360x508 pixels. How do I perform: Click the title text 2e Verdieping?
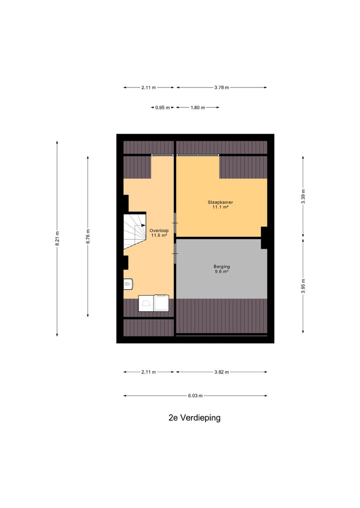(194, 418)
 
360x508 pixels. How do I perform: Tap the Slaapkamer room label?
(220, 202)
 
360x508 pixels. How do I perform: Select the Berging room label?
(221, 266)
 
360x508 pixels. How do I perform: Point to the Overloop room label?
(159, 230)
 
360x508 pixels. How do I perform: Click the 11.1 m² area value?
(220, 207)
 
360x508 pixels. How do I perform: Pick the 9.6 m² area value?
(221, 272)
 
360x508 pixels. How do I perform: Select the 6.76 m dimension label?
(88, 236)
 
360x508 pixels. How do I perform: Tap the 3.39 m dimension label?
(303, 196)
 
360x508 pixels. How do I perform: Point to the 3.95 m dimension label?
(303, 285)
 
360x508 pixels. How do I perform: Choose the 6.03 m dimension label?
(195, 396)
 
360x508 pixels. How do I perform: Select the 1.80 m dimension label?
(197, 107)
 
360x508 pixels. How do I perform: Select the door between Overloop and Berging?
(174, 250)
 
